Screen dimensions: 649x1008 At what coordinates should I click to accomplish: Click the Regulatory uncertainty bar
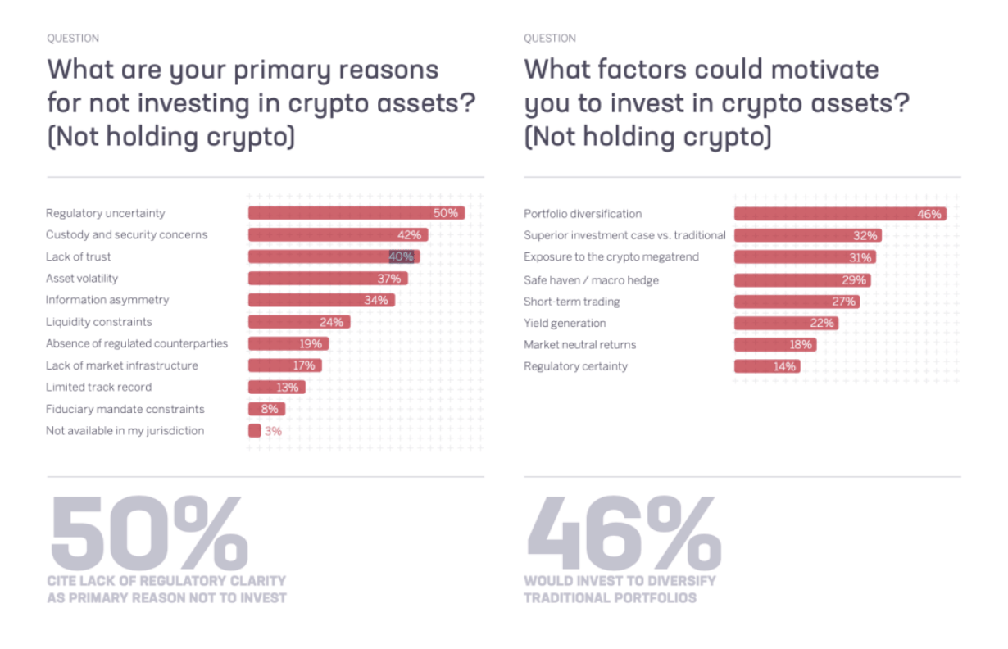(356, 213)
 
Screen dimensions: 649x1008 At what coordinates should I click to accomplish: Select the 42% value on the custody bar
(410, 235)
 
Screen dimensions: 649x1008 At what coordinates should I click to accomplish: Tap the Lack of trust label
(79, 256)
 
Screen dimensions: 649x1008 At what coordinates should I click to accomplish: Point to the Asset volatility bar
(327, 279)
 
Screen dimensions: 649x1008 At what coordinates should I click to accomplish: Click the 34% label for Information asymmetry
(376, 300)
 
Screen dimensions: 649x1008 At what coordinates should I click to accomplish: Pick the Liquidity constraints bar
(299, 322)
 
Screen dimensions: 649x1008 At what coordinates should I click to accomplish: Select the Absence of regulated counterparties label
(137, 343)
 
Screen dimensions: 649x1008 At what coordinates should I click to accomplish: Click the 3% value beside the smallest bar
(273, 430)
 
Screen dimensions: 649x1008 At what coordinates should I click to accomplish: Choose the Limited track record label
(98, 387)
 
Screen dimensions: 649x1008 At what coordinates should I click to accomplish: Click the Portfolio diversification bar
(839, 214)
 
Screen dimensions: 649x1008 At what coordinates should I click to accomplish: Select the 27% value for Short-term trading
(844, 302)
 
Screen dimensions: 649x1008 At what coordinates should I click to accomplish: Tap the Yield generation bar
(786, 323)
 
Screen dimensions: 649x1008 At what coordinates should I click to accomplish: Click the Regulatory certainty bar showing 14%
(767, 366)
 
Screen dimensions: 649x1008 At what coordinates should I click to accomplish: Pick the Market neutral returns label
(579, 344)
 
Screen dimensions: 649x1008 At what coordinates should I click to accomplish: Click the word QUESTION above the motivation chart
(550, 38)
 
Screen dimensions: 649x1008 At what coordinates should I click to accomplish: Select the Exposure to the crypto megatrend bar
(804, 257)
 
